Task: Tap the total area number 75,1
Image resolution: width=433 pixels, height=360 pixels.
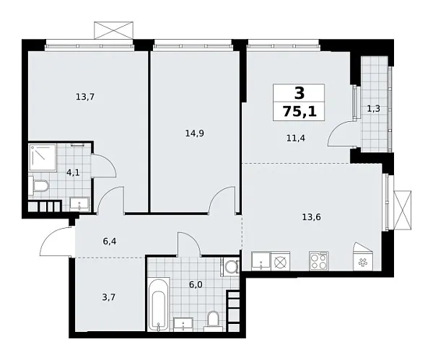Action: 299,111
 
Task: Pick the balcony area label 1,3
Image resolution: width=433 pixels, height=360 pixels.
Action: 373,108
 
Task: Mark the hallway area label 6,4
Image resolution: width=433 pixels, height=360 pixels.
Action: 110,242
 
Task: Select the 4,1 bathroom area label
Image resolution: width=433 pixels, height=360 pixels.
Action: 74,173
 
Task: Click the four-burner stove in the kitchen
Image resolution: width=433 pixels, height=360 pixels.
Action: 319,261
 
